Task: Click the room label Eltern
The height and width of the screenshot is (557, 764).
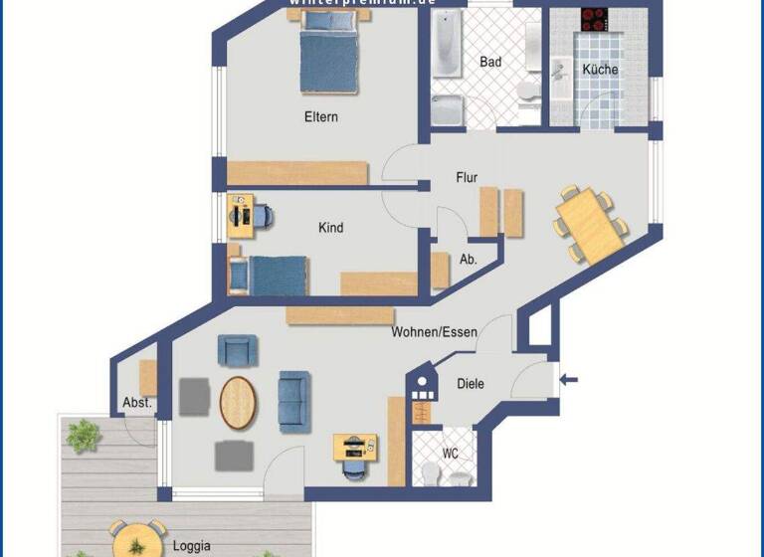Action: tap(320, 117)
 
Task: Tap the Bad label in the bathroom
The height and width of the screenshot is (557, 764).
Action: tap(490, 62)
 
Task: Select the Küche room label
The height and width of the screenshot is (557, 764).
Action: tap(600, 70)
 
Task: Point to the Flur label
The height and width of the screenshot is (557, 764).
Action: tap(467, 178)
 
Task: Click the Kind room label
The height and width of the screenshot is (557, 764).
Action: tap(330, 228)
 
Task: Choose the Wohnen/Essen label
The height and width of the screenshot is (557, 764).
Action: tap(434, 332)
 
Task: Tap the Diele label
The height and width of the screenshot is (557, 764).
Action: tap(471, 383)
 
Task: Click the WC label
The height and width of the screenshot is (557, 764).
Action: tap(451, 454)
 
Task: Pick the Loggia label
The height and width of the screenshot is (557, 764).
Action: tap(191, 546)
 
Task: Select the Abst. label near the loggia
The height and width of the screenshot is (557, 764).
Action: tap(137, 403)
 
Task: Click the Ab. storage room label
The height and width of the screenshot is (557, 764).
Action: tap(468, 259)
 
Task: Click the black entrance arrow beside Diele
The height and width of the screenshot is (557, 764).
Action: tap(569, 378)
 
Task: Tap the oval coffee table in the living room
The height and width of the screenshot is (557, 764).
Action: tap(238, 403)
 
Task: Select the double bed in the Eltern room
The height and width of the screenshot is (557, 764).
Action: tap(329, 60)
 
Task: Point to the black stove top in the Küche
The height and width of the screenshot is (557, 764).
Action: tap(596, 19)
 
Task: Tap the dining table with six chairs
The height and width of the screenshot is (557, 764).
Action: tap(591, 225)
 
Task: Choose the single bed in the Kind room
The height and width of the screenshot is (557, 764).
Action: tap(268, 275)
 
